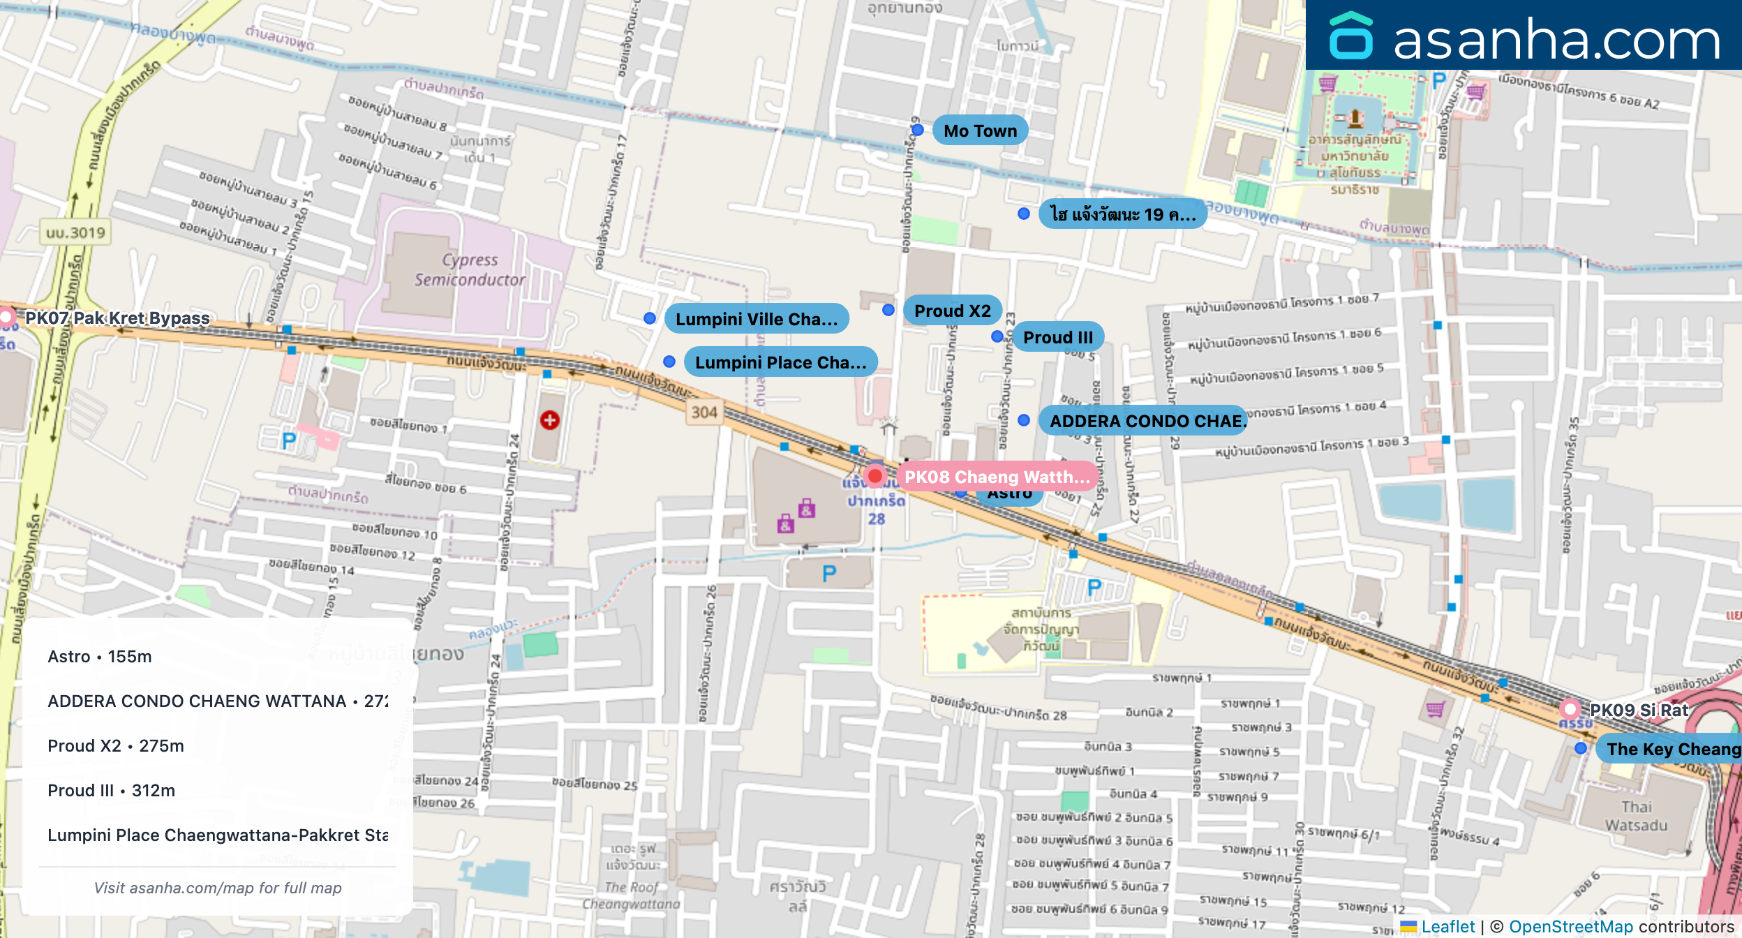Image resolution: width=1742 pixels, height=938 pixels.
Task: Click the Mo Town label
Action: point(980,131)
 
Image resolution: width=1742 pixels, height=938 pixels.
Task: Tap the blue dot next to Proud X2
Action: point(888,310)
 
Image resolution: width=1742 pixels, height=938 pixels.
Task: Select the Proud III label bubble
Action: point(1057,337)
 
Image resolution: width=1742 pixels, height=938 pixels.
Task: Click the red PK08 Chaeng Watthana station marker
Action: point(874,477)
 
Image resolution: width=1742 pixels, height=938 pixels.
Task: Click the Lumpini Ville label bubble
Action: point(757,319)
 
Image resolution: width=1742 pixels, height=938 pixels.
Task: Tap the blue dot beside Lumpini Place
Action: point(669,362)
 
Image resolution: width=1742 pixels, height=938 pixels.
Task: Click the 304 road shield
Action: point(704,412)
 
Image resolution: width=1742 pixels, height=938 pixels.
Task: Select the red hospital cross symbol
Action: point(550,420)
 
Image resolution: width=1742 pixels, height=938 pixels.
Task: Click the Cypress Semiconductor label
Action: point(470,269)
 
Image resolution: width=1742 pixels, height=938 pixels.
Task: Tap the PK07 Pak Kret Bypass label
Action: point(117,318)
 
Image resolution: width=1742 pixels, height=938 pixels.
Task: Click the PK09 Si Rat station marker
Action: point(1570,709)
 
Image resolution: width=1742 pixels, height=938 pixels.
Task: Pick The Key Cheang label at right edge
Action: point(1672,749)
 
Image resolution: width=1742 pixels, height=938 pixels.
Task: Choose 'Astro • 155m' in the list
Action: point(100,657)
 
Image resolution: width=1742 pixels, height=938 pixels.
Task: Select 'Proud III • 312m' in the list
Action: point(112,791)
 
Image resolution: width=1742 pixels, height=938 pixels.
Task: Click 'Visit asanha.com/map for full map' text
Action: point(218,888)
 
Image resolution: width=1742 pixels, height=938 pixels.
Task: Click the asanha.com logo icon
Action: point(1350,36)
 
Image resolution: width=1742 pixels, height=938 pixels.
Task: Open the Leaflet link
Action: point(1447,927)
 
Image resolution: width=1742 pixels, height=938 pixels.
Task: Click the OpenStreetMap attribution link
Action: point(1570,927)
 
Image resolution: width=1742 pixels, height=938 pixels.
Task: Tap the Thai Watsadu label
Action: point(1636,816)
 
